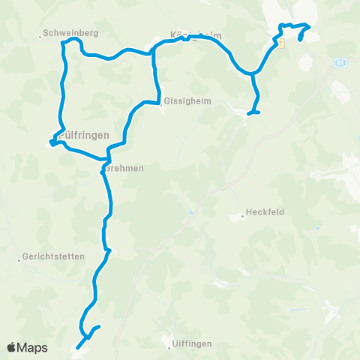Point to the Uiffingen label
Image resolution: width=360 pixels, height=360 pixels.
[191, 343]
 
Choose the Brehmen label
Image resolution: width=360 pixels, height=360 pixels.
[123, 169]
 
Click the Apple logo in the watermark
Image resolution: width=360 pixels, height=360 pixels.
[13, 347]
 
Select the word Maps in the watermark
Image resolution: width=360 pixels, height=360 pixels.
[34, 347]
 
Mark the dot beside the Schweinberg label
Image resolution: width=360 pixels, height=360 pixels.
[40, 34]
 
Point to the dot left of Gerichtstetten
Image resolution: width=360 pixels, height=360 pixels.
[19, 261]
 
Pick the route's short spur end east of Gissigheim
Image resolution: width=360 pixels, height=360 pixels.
[258, 112]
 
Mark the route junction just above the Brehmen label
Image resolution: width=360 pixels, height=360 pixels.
[109, 159]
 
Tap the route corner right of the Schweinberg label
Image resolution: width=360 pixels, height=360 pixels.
[64, 43]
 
